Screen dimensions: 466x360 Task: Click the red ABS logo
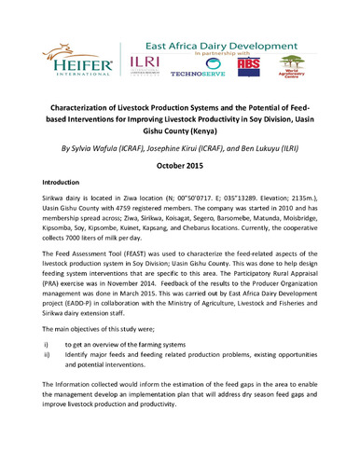(250, 65)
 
